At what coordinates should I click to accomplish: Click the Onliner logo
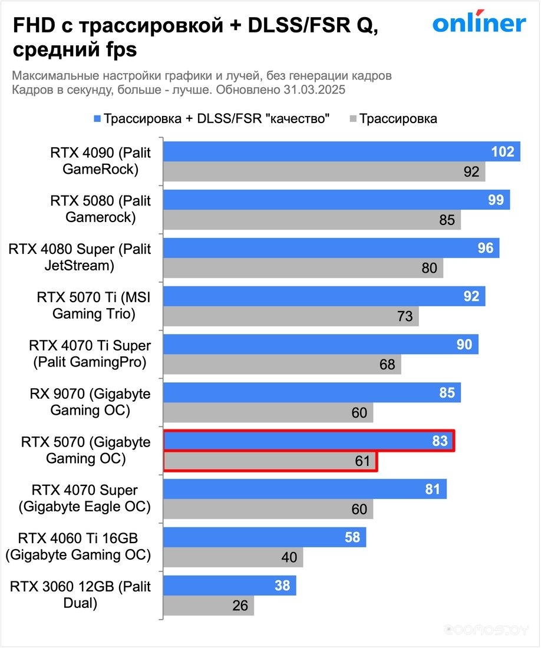click(479, 23)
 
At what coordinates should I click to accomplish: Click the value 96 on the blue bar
click(485, 249)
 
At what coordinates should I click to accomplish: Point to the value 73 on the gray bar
click(405, 316)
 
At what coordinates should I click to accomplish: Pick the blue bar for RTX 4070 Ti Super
click(321, 345)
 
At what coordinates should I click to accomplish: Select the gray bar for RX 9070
click(268, 413)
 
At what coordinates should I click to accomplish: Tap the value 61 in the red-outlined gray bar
click(362, 461)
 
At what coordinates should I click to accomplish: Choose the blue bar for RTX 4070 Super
click(305, 490)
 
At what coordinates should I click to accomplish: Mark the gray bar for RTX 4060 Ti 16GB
click(233, 557)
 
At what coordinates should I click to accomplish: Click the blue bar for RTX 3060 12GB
click(229, 586)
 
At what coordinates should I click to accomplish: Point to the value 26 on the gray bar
click(240, 606)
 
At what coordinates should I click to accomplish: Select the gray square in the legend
click(353, 119)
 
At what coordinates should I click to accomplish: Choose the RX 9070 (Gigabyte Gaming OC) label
click(90, 402)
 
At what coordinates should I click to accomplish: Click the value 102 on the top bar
click(503, 152)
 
